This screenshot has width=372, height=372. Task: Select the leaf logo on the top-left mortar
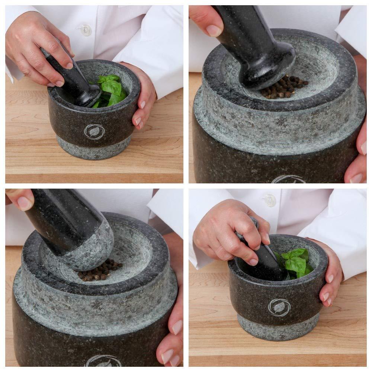(94, 131)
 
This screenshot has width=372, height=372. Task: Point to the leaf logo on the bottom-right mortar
(279, 308)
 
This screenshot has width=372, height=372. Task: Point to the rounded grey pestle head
(91, 247)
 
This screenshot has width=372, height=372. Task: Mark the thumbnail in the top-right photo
(214, 30)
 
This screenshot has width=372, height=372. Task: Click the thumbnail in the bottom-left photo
(25, 203)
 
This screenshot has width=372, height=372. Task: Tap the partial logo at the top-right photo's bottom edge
(288, 180)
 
